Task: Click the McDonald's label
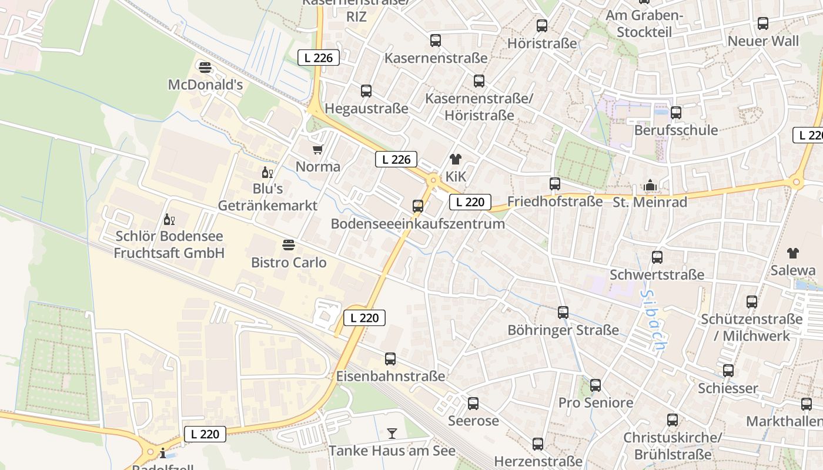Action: (205, 85)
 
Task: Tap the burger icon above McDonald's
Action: (205, 68)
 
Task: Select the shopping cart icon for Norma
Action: (318, 149)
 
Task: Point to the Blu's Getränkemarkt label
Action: (267, 197)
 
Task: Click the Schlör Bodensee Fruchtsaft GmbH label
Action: (169, 244)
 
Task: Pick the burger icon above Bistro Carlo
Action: (288, 244)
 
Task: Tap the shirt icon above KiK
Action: (455, 159)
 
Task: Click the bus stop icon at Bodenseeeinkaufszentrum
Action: (418, 206)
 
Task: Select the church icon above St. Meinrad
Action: (650, 186)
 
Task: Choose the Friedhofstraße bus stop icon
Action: (555, 184)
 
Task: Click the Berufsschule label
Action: (676, 130)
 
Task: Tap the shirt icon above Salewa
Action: (793, 253)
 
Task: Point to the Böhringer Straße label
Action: (563, 330)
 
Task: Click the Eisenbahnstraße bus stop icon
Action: (390, 359)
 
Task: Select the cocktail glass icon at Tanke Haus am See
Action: (392, 434)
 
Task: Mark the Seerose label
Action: (473, 421)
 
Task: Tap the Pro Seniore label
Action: (595, 402)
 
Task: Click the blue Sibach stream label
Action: (653, 321)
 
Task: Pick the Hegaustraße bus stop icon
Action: (366, 91)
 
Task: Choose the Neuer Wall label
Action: (763, 41)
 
